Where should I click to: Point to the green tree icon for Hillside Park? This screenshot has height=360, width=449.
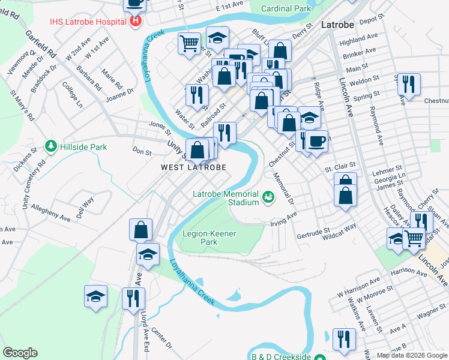pyautogui.click(x=52, y=146)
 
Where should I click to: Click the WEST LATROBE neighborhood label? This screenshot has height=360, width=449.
pyautogui.click(x=194, y=168)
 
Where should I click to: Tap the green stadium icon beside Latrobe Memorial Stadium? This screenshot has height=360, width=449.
pyautogui.click(x=268, y=195)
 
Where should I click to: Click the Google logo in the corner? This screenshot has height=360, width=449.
pyautogui.click(x=20, y=353)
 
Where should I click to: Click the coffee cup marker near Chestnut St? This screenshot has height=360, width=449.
pyautogui.click(x=317, y=141)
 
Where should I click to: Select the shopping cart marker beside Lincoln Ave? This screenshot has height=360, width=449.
pyautogui.click(x=414, y=238)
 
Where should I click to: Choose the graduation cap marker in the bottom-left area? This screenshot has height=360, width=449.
pyautogui.click(x=95, y=295)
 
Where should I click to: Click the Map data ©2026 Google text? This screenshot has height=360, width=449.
pyautogui.click(x=412, y=355)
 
